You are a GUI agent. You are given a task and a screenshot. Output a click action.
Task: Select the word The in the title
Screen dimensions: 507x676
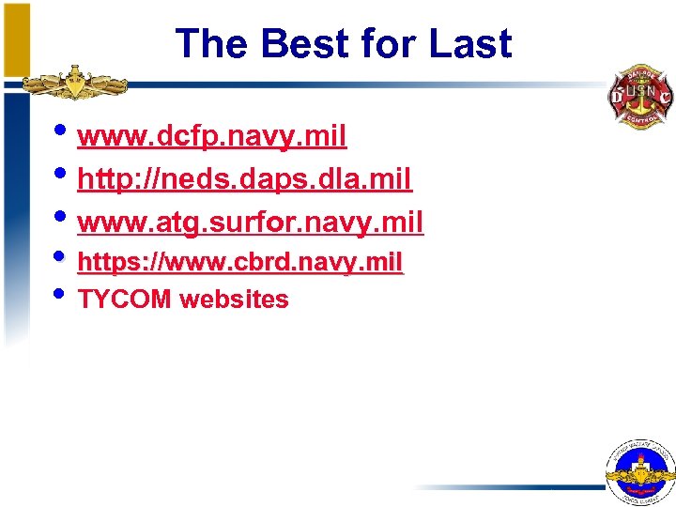[x=212, y=43]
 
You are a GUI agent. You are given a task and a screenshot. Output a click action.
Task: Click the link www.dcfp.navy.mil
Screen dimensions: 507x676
[x=212, y=137]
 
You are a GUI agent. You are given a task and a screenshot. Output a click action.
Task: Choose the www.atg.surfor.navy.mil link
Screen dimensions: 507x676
[x=251, y=222]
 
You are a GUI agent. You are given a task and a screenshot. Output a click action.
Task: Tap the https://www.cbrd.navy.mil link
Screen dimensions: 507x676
[x=240, y=261]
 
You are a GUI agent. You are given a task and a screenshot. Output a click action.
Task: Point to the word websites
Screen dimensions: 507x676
[x=234, y=300]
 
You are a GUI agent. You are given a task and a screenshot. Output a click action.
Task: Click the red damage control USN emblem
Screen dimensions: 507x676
[x=639, y=96]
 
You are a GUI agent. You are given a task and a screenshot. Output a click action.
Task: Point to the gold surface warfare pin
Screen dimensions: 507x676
[x=75, y=84]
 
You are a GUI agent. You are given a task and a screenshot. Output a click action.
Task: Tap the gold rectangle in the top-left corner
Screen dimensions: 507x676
[x=16, y=38]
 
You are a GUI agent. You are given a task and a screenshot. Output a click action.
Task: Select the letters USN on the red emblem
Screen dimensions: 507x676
[x=639, y=91]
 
